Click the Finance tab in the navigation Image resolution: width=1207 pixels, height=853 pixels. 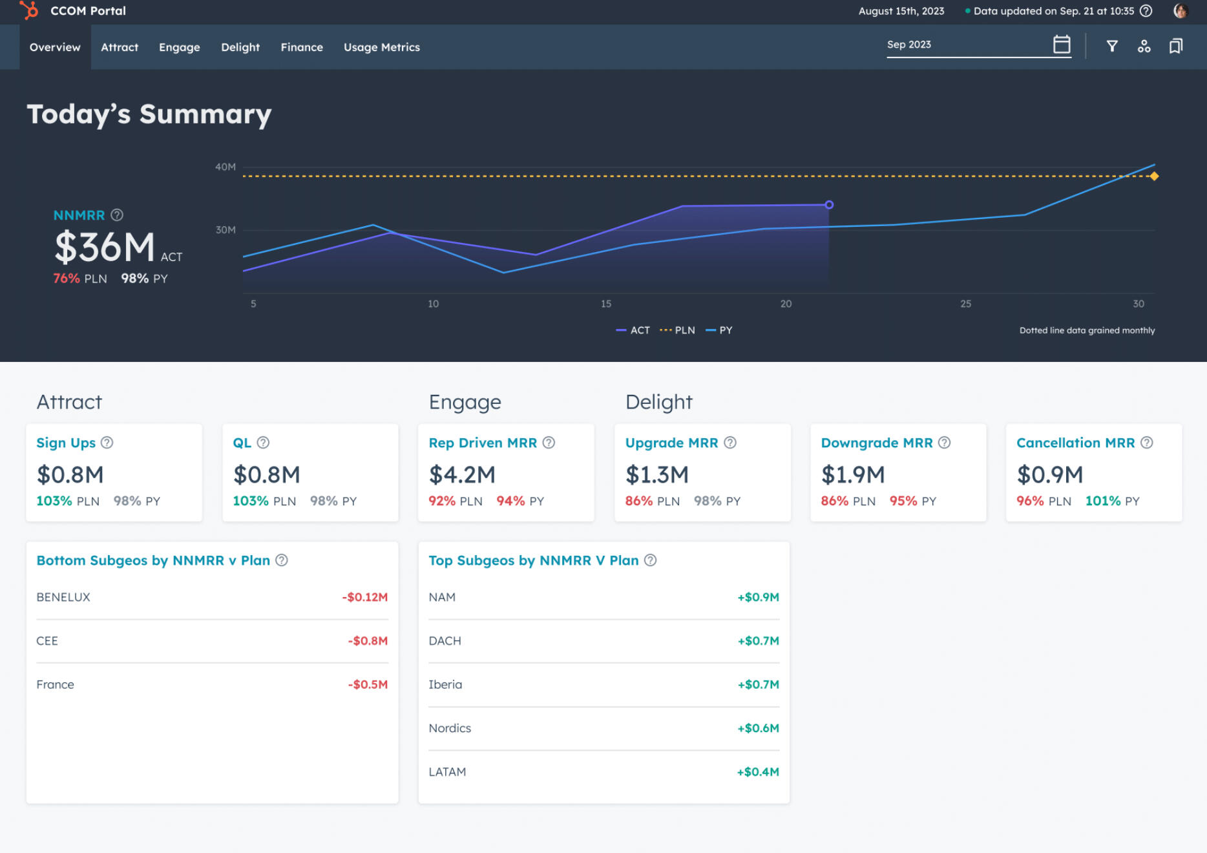tap(302, 47)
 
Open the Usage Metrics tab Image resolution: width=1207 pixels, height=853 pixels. tap(381, 47)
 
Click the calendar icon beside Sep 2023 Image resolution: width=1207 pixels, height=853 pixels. tap(1061, 45)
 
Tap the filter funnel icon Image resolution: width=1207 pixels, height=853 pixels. tap(1111, 46)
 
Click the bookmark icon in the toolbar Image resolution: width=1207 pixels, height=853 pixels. tap(1175, 46)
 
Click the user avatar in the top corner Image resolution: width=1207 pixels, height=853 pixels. tap(1181, 11)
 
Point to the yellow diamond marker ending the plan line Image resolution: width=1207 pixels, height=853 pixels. tap(1154, 176)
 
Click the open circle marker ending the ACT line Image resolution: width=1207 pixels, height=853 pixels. tap(829, 205)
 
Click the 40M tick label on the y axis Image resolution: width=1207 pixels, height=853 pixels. tap(226, 167)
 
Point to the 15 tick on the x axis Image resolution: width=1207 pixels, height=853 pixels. tap(606, 304)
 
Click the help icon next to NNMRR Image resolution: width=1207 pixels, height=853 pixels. tap(117, 215)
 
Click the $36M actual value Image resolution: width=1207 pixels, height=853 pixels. tap(105, 247)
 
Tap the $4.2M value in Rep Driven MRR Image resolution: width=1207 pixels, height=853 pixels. tap(462, 475)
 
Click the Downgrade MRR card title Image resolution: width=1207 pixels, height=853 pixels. tap(877, 443)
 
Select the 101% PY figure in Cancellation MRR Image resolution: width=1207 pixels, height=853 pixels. tap(1102, 501)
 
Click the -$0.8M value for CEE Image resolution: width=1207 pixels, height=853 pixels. tap(368, 641)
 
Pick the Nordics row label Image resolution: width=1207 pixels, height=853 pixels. tap(450, 728)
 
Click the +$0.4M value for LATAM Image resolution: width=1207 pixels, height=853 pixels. tap(758, 772)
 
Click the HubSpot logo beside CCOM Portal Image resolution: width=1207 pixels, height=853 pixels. tap(29, 10)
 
